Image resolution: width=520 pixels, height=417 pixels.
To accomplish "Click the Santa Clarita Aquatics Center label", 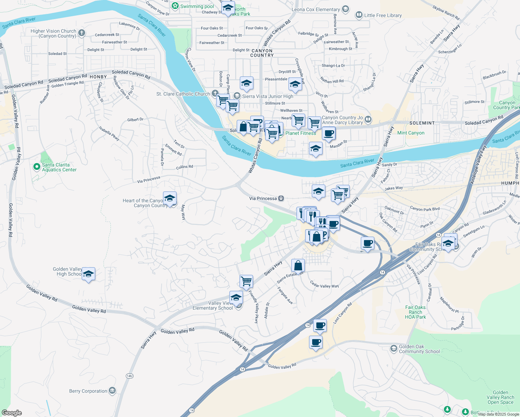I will point(59,167).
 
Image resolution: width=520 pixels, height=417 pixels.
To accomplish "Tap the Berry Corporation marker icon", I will point(112,391).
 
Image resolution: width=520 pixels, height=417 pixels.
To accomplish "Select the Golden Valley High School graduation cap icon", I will point(88,274).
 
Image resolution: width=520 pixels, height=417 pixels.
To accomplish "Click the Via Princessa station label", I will point(263,198).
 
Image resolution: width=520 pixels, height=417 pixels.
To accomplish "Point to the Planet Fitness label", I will point(301,133).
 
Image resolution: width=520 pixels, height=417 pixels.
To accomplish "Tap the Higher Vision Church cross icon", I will point(82,33).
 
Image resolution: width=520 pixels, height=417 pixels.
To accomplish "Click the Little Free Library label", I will point(383,15).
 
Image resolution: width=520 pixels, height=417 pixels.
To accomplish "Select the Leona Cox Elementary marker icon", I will point(345,9).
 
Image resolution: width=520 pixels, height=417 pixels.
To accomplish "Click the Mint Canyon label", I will point(411,133).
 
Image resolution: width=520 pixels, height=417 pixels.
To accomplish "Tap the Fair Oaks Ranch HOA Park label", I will point(415,312).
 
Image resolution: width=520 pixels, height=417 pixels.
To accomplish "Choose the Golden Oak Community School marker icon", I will point(393,348).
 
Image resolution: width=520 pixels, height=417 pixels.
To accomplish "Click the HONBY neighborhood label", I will point(98,77).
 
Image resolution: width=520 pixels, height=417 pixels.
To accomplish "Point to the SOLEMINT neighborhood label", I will point(422,123).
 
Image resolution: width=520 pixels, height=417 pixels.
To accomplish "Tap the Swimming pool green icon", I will point(175,6).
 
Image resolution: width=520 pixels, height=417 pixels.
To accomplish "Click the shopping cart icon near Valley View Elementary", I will point(246,281).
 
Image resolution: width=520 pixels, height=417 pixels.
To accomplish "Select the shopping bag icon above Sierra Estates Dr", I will point(298,265).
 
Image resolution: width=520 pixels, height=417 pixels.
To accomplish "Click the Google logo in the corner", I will point(12,413).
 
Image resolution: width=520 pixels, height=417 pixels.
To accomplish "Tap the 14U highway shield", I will point(130,376).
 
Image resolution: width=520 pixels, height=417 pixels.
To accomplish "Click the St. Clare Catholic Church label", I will point(183,94).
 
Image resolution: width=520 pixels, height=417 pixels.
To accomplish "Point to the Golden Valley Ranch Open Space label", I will point(500,397).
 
